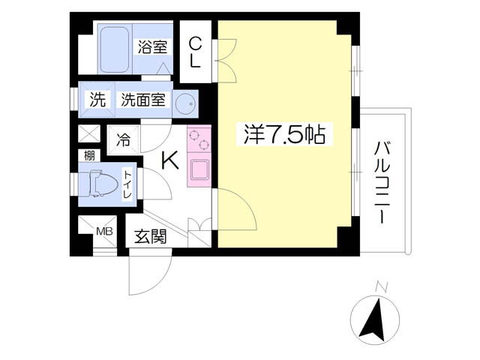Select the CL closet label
click(x=195, y=52)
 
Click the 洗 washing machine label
click(x=97, y=100)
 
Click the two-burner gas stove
click(x=199, y=140)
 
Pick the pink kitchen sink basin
click(x=199, y=169)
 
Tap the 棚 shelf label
click(x=88, y=155)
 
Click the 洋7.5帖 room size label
click(x=283, y=135)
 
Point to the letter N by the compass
click(x=381, y=286)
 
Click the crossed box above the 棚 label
click(x=88, y=135)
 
